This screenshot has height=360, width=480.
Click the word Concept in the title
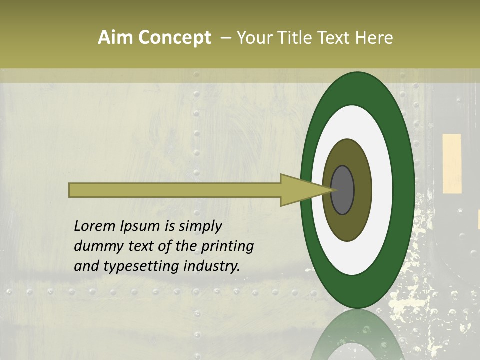click(x=174, y=38)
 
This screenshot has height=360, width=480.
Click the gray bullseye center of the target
click(x=343, y=190)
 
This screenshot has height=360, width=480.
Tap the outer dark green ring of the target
click(x=404, y=190)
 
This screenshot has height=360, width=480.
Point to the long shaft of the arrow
click(x=175, y=190)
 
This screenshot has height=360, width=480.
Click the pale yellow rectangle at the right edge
click(x=452, y=163)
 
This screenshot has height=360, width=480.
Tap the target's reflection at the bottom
click(x=357, y=337)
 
